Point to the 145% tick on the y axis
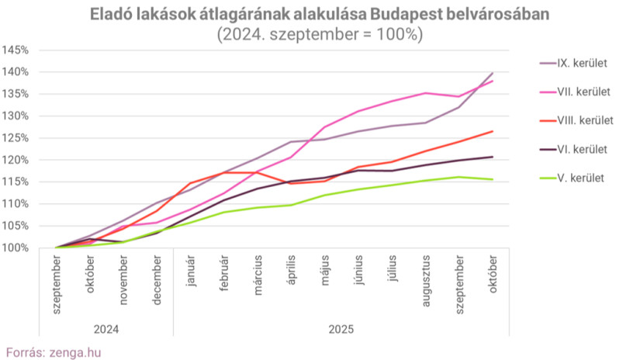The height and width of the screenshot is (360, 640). [16, 50]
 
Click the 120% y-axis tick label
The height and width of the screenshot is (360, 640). [16, 160]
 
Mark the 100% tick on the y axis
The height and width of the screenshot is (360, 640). [16, 248]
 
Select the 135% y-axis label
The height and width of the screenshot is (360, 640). [16, 94]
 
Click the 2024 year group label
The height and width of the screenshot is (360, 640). [106, 329]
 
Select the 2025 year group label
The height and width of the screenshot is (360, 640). [341, 329]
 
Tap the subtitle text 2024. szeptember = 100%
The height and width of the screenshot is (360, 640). [320, 34]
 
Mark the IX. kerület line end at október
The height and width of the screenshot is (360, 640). [493, 73]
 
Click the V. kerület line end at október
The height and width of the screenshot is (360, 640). [493, 179]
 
